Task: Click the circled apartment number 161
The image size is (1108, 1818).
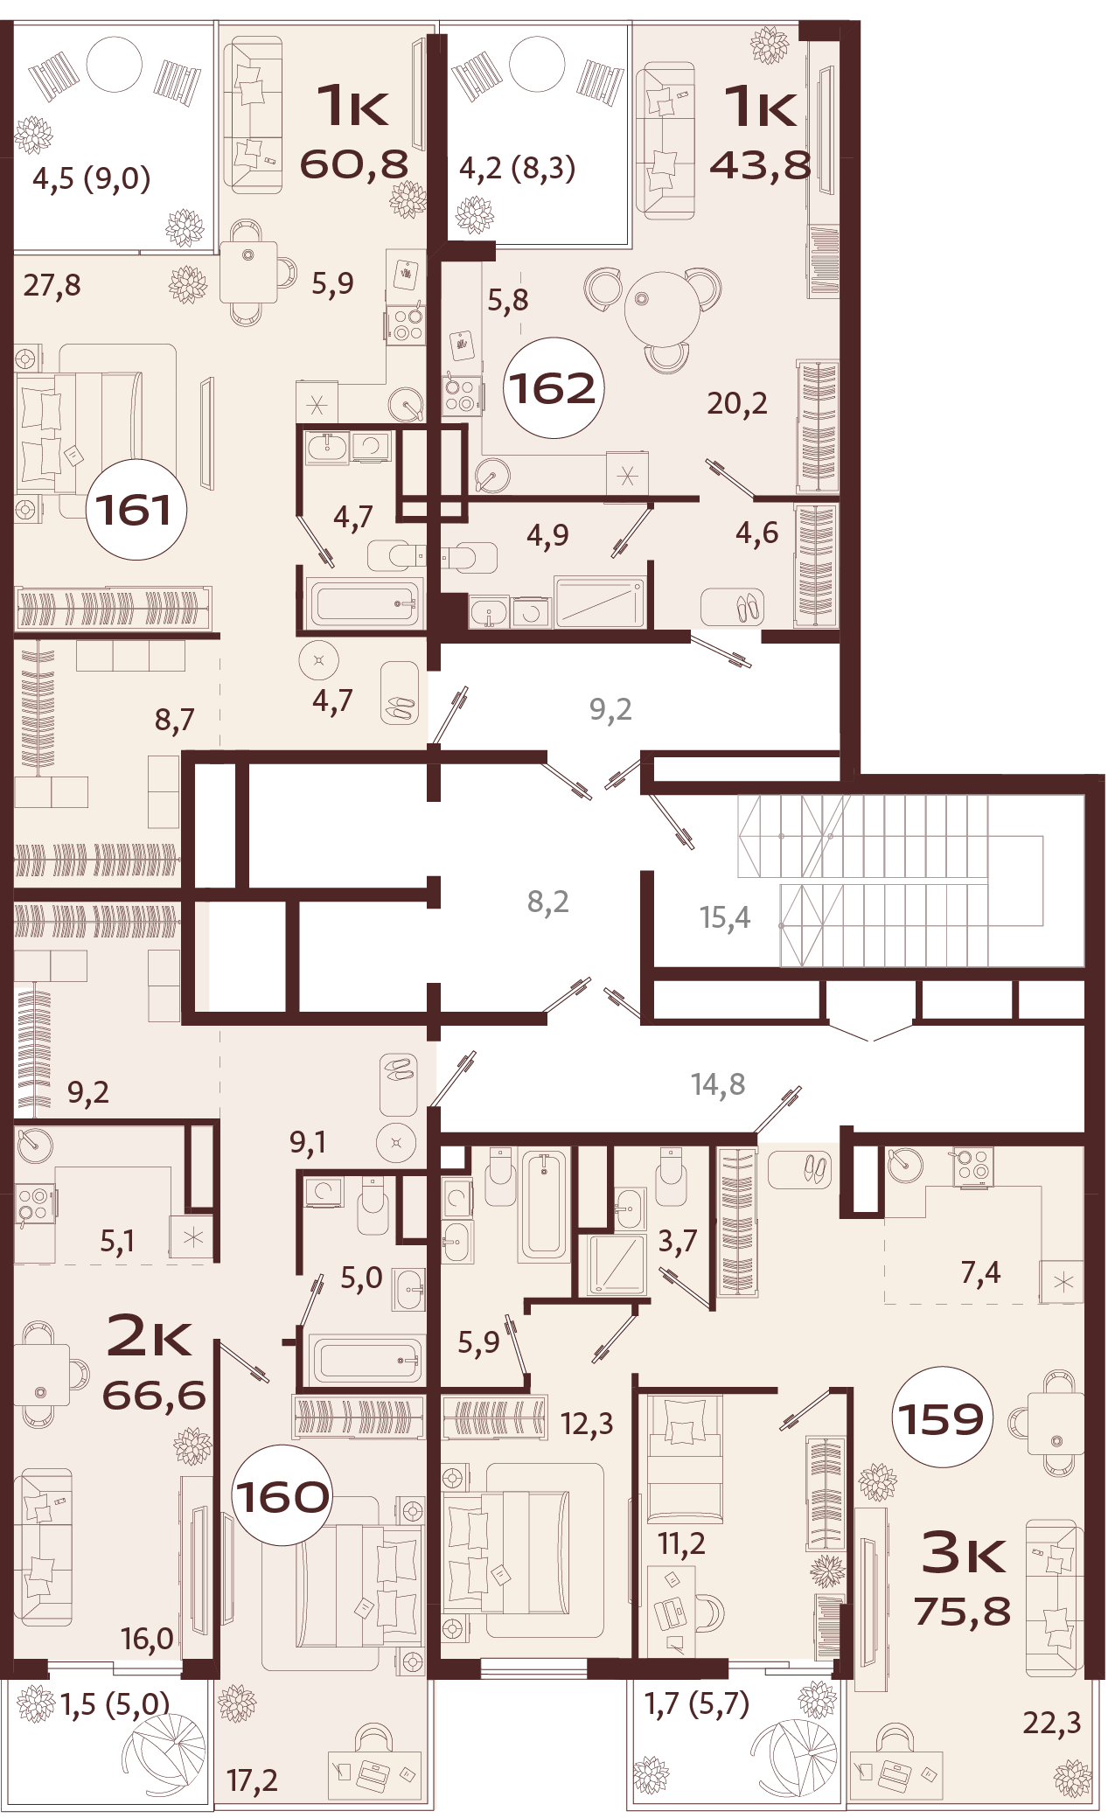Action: (136, 509)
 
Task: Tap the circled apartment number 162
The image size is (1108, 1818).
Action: (553, 387)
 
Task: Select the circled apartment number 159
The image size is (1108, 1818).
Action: (942, 1417)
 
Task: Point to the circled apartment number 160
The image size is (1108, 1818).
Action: (282, 1495)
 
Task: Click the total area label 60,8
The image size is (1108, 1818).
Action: (354, 164)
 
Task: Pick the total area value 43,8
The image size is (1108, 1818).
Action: (760, 164)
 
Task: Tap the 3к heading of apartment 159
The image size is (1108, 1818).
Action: (964, 1551)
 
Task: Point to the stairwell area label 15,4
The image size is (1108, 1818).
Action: (724, 916)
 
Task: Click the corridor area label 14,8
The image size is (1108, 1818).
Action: (717, 1083)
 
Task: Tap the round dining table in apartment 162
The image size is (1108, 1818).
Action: (662, 309)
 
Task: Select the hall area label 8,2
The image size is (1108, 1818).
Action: (547, 901)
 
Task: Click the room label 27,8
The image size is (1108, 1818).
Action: (52, 285)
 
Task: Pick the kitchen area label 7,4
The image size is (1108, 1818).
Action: (980, 1272)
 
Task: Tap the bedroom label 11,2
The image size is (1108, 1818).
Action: (681, 1543)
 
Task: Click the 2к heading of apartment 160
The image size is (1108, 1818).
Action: (149, 1335)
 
